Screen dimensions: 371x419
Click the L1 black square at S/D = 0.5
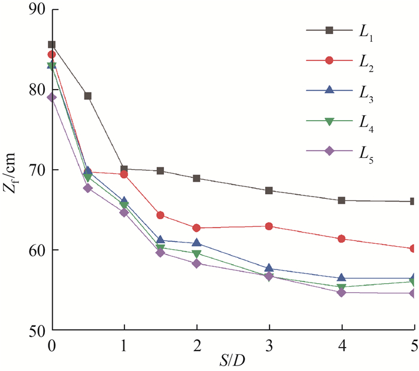coord(88,96)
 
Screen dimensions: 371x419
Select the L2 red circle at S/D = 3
coord(269,226)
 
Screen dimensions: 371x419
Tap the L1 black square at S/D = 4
coord(341,201)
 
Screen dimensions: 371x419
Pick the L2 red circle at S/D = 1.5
coord(160,215)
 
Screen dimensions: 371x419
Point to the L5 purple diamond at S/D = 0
coord(52,97)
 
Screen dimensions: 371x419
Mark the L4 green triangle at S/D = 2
coord(196,254)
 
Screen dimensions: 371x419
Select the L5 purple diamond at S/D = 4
coord(341,292)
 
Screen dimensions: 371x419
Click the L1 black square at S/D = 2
coord(196,179)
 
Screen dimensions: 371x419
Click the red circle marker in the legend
coord(329,60)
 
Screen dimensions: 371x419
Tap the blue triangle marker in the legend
coord(329,90)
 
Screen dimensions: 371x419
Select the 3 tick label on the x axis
coord(269,345)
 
